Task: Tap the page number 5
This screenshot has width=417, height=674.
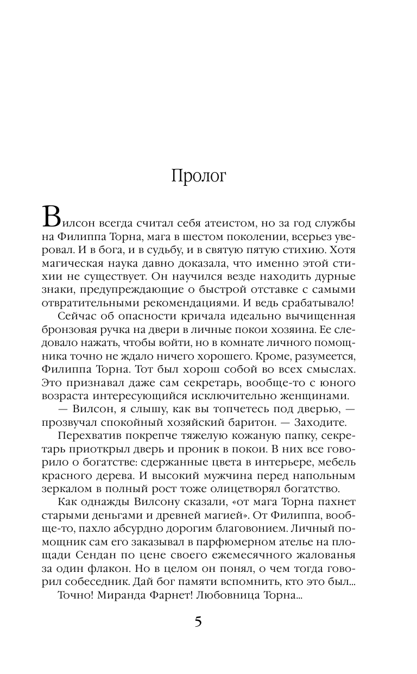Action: [x=198, y=623]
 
